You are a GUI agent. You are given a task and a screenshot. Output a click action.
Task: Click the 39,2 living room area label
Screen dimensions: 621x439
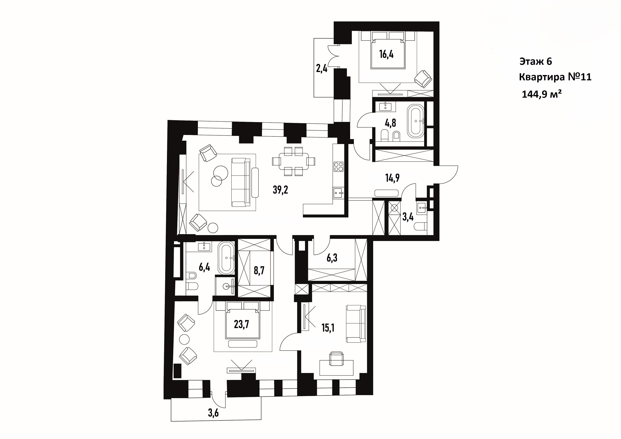tap(280, 190)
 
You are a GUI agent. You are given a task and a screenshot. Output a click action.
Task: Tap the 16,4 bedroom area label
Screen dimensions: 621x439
tap(386, 54)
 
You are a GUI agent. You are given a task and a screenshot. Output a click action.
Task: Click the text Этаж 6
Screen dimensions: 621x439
tap(535, 61)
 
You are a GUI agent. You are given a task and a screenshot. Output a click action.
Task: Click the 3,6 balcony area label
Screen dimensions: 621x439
tap(213, 413)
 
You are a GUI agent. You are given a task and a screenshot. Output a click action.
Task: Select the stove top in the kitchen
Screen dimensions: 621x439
tap(338, 167)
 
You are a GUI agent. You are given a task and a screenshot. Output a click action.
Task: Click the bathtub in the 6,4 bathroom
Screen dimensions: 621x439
tap(226, 258)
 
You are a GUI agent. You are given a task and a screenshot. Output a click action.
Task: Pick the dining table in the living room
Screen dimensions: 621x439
tap(294, 161)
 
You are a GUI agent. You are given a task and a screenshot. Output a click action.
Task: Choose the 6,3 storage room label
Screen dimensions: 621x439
tap(332, 258)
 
